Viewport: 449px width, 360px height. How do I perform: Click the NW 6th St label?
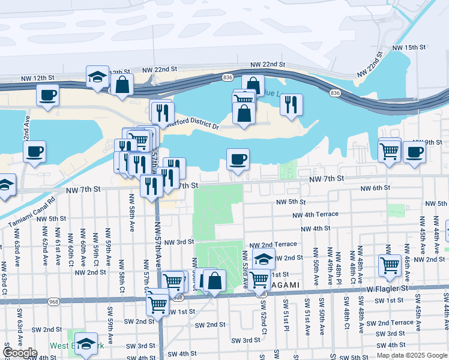pyautogui.click(x=375, y=188)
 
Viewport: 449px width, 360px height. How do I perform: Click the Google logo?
pyautogui.click(x=20, y=353)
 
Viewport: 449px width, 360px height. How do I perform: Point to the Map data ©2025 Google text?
pyautogui.click(x=411, y=355)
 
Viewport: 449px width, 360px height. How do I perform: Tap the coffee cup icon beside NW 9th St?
pyautogui.click(x=414, y=152)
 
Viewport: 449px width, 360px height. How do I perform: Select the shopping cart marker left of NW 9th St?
pyautogui.click(x=390, y=150)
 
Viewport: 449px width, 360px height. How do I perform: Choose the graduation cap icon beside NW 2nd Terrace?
pyautogui.click(x=264, y=260)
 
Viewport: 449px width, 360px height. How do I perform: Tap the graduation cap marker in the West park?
pyautogui.click(x=86, y=343)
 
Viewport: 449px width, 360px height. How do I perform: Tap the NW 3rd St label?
pyautogui.click(x=179, y=242)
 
